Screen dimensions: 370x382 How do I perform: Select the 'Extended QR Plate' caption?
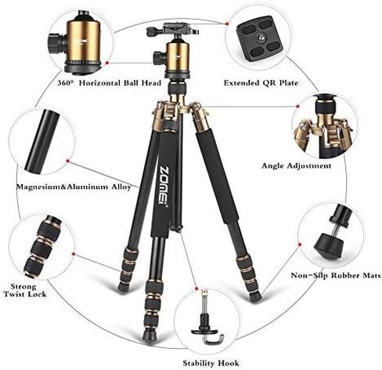coord(258,82)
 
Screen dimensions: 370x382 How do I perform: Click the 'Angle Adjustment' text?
coord(295,165)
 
